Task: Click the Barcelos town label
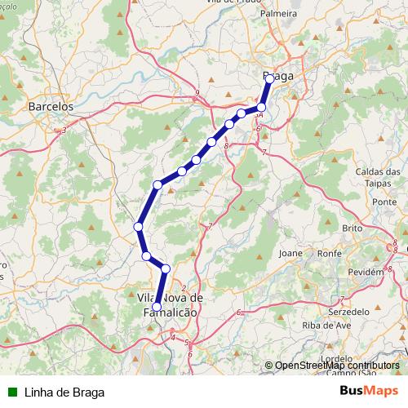pyautogui.click(x=51, y=106)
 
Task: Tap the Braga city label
pyautogui.click(x=278, y=76)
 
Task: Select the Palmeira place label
pyautogui.click(x=277, y=14)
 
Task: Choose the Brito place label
pyautogui.click(x=353, y=228)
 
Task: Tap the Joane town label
pyautogui.click(x=290, y=253)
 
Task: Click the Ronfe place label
pyautogui.click(x=329, y=253)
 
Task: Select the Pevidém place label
pyautogui.click(x=365, y=271)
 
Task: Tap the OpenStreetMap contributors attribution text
pyautogui.click(x=337, y=366)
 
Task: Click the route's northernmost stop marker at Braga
pyautogui.click(x=269, y=78)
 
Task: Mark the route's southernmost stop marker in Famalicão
pyautogui.click(x=157, y=306)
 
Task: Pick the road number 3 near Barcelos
pyautogui.click(x=64, y=129)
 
